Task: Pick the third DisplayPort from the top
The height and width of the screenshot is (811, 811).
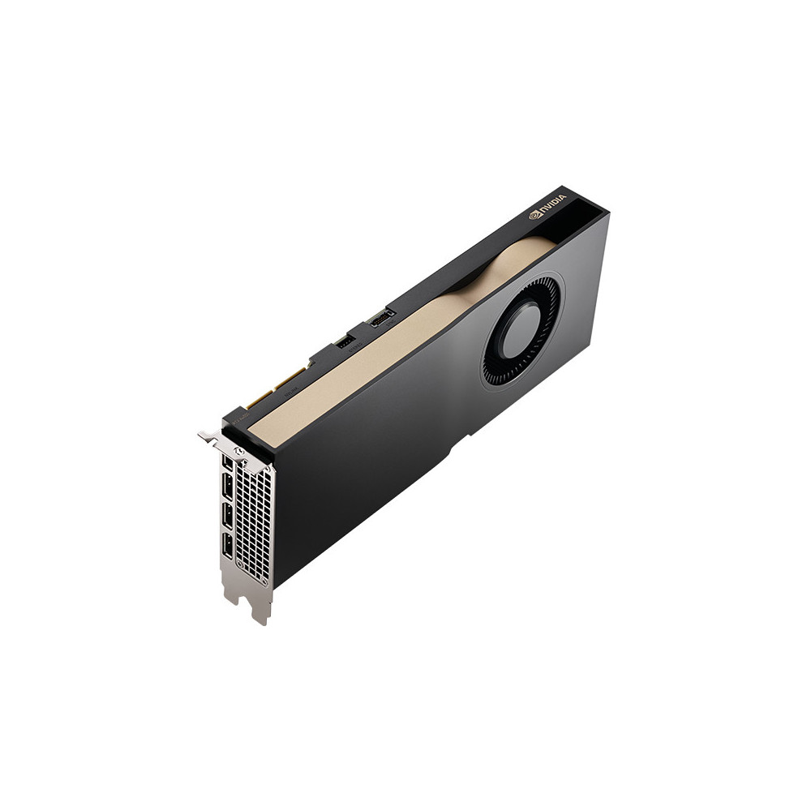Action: coord(228,516)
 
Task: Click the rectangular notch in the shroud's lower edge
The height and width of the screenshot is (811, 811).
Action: coord(462,443)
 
